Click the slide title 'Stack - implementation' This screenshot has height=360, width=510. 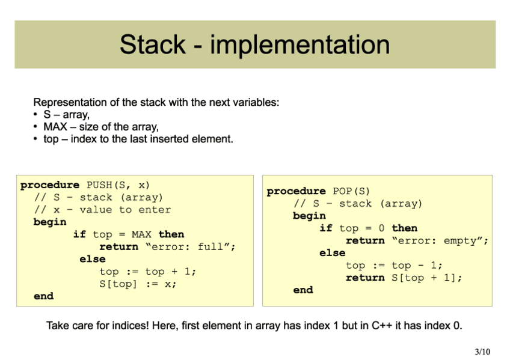254,44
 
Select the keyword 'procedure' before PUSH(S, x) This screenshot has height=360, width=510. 50,185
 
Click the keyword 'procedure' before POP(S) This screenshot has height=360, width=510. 296,191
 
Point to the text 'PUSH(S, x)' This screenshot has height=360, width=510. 118,185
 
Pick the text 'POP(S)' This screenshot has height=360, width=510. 352,191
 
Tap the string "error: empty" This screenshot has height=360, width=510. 440,240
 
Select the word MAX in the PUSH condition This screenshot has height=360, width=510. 142,234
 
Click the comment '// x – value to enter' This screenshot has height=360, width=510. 102,210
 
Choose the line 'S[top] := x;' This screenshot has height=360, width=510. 138,284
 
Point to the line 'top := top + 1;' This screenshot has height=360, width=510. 148,272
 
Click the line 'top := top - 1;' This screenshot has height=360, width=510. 395,265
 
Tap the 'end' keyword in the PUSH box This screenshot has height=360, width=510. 43,296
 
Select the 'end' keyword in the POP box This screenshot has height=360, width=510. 303,290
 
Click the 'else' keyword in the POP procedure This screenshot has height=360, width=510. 333,253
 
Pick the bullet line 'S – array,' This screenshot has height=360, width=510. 66,114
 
